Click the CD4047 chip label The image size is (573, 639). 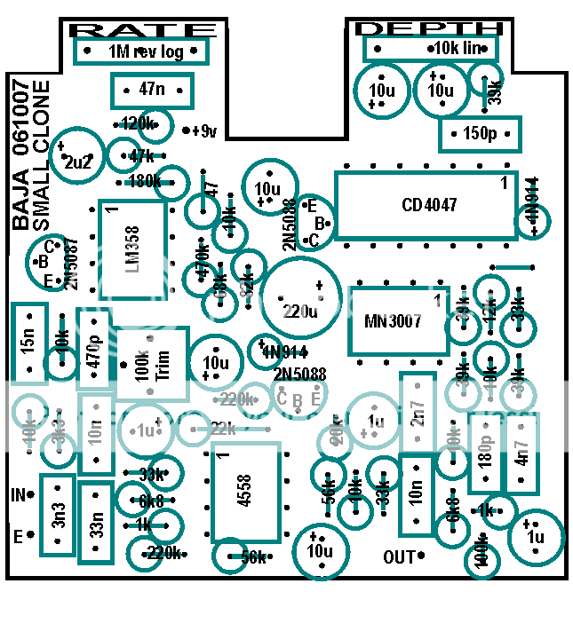429,205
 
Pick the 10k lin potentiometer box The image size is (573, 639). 430,47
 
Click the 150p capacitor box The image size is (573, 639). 480,134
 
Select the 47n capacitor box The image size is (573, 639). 152,90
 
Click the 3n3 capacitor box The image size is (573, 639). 57,515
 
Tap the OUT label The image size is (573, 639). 399,557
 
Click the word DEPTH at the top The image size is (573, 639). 429,28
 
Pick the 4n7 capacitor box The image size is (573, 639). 521,453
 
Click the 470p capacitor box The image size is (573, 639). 93,349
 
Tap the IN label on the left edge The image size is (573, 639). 18,493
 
